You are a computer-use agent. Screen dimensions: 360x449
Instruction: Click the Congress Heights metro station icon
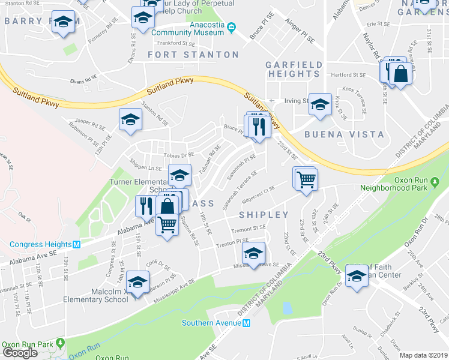pyautogui.click(x=76, y=244)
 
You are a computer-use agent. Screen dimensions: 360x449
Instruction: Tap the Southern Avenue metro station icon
pyautogui.click(x=246, y=323)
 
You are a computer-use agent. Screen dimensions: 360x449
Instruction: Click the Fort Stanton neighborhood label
pyautogui.click(x=193, y=55)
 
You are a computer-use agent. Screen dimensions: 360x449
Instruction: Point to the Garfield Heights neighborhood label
pyautogui.click(x=294, y=69)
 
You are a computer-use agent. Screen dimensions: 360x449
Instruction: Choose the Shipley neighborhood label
pyautogui.click(x=264, y=214)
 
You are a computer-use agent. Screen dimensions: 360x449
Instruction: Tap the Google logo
pyautogui.click(x=20, y=353)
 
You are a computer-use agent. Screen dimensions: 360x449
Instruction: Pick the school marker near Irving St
pyautogui.click(x=320, y=104)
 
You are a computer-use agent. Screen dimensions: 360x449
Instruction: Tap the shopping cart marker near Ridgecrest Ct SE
pyautogui.click(x=306, y=178)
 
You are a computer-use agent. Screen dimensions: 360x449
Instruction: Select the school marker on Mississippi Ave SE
pyautogui.click(x=254, y=253)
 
